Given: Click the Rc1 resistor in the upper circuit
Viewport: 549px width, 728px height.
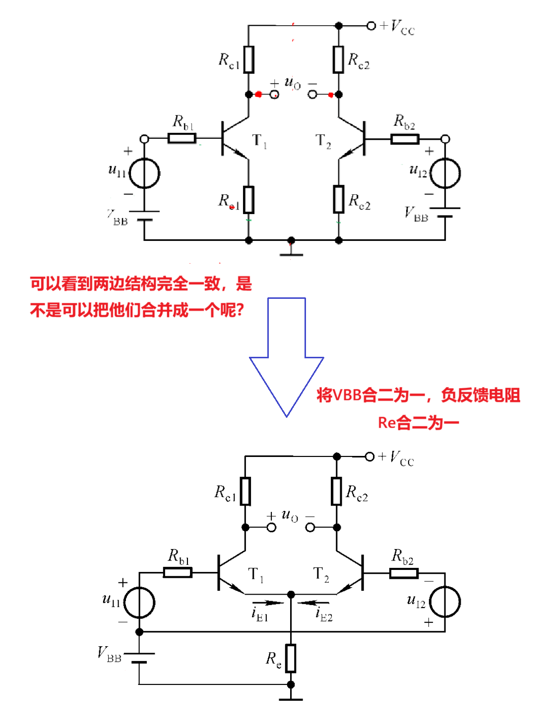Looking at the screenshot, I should pos(249,59).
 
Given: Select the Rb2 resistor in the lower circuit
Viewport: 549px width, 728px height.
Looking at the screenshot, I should pos(404,573).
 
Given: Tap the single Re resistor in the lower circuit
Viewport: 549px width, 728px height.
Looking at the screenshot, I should pos(291,658).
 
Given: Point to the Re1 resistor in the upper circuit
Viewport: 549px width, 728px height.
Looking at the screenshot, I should pos(249,200).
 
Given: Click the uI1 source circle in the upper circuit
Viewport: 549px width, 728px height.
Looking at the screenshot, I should pos(144,173).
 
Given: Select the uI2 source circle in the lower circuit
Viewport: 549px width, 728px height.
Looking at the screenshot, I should pos(445,602).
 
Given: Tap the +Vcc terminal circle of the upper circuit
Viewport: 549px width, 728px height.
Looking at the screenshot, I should pos(371,26).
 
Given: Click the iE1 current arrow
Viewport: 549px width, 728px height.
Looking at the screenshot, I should pos(268,603).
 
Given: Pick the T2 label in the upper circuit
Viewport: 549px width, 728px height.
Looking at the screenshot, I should pos(323,141).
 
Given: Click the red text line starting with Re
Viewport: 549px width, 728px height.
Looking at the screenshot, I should pos(418,423).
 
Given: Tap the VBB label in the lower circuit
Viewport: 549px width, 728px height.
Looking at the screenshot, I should pos(110,655).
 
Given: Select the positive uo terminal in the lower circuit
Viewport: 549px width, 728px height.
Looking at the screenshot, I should pos(271,527).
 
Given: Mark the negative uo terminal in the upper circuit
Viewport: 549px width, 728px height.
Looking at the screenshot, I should pos(312,94).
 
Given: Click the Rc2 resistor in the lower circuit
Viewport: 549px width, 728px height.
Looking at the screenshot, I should pos(337,491).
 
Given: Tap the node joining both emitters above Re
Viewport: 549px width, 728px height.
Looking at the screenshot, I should pos(291,594).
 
